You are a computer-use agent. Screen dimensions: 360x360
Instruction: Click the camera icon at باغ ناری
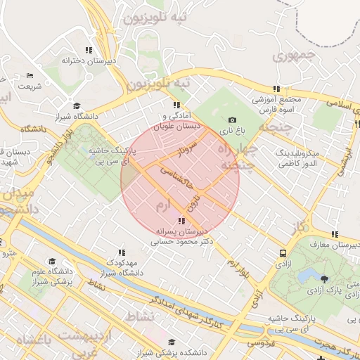pyautogui.click(x=233, y=120)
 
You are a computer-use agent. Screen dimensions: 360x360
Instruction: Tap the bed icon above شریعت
pyautogui.click(x=30, y=76)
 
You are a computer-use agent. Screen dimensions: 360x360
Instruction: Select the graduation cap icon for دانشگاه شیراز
pyautogui.click(x=77, y=106)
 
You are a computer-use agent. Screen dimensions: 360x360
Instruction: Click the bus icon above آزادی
pyautogui.click(x=283, y=252)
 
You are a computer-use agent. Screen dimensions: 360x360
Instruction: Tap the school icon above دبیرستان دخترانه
pyautogui.click(x=88, y=50)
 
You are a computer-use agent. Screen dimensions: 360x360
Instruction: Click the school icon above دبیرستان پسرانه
pyautogui.click(x=183, y=221)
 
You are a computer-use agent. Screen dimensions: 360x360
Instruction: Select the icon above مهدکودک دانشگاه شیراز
pyautogui.click(x=122, y=252)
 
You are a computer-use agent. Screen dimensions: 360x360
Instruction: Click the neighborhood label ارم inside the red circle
pyautogui.click(x=162, y=205)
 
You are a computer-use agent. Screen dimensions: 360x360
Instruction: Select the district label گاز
pyautogui.click(x=300, y=227)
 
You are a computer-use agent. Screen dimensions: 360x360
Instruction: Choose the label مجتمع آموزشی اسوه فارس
pyautogui.click(x=276, y=104)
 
